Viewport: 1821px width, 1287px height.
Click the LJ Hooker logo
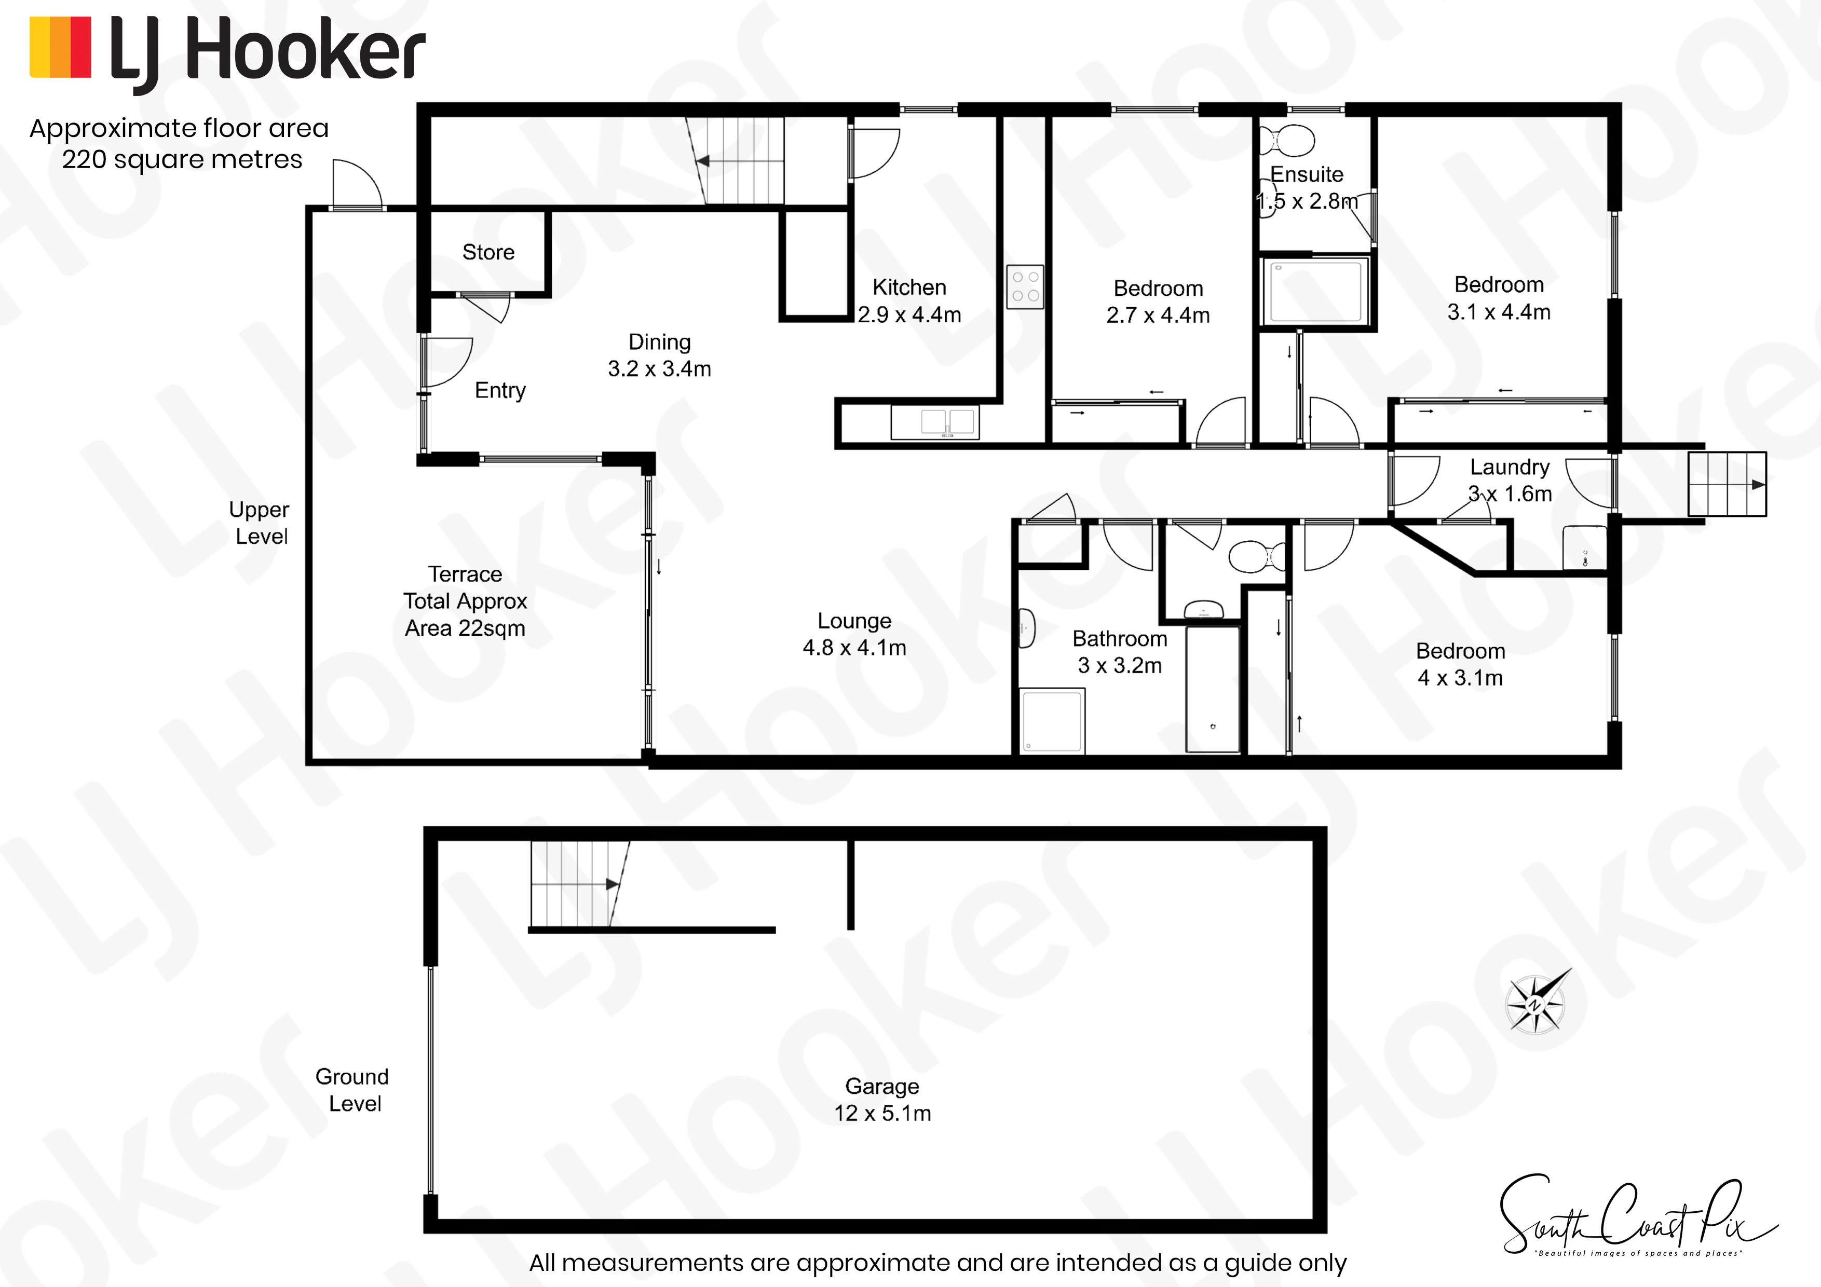pyautogui.click(x=227, y=52)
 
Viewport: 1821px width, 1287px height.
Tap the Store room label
pyautogui.click(x=488, y=252)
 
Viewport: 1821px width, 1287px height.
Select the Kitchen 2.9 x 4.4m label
pyautogui.click(x=909, y=300)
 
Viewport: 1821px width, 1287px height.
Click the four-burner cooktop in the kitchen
pyautogui.click(x=1025, y=286)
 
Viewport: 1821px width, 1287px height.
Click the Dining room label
pyautogui.click(x=659, y=355)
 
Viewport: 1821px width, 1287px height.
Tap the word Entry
pyautogui.click(x=500, y=390)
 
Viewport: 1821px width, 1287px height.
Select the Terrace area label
pyautogui.click(x=466, y=601)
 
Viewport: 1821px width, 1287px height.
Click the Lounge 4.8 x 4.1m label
pyautogui.click(x=854, y=634)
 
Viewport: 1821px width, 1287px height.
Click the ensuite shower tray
pyautogui.click(x=1316, y=291)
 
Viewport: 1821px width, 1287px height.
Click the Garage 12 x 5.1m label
pyautogui.click(x=882, y=1099)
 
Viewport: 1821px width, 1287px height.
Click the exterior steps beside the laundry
pyautogui.click(x=1727, y=484)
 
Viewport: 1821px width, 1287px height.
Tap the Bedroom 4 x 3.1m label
pyautogui.click(x=1460, y=664)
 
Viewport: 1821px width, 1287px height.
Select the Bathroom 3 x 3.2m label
pyautogui.click(x=1120, y=652)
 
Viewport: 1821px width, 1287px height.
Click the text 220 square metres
pyautogui.click(x=182, y=159)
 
